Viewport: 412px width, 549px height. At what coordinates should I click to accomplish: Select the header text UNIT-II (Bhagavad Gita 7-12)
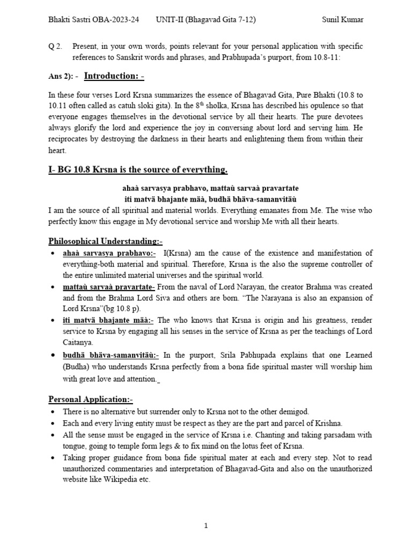click(205, 20)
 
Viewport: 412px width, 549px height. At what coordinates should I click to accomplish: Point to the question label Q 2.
click(55, 47)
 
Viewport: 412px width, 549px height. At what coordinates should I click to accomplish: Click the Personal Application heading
click(90, 399)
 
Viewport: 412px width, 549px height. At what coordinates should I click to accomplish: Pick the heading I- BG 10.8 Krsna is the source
click(138, 169)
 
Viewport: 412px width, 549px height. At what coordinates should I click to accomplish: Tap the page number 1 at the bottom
click(205, 526)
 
